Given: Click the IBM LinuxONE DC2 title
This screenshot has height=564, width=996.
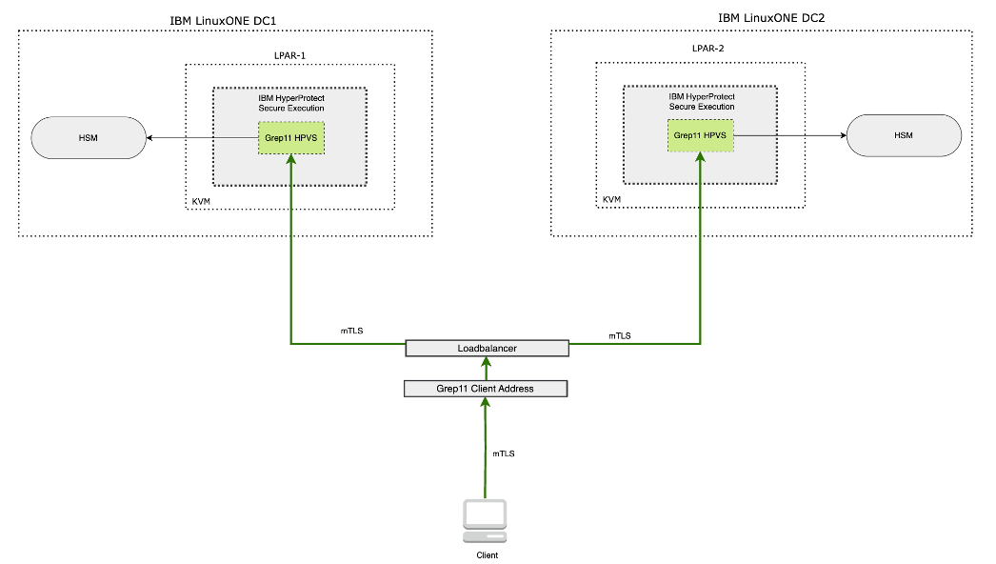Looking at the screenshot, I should (761, 18).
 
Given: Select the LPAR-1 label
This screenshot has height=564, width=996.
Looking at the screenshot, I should (290, 56).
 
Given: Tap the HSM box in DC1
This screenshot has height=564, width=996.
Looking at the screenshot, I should (89, 138).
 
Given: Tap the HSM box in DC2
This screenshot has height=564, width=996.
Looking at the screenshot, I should (904, 135).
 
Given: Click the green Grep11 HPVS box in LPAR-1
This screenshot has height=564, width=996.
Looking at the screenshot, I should (289, 139).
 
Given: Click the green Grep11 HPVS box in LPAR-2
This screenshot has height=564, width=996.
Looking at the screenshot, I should (701, 135).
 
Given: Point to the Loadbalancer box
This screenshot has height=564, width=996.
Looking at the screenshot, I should (487, 349).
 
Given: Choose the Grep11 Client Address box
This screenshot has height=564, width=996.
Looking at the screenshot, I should (486, 388).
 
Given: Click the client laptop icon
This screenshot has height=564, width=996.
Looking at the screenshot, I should (485, 518).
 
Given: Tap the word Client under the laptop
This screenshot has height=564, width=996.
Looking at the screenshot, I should (486, 554).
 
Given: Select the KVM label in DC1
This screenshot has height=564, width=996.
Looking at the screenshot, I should (202, 203).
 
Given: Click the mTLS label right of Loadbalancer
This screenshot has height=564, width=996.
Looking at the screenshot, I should (620, 335).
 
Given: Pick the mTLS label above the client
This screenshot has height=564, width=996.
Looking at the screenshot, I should (504, 453).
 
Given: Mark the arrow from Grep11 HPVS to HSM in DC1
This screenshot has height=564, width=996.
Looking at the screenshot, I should (200, 139).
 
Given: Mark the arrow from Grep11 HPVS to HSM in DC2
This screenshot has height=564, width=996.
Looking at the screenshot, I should (790, 135).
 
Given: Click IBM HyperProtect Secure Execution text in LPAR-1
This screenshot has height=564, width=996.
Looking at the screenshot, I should (290, 103).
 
